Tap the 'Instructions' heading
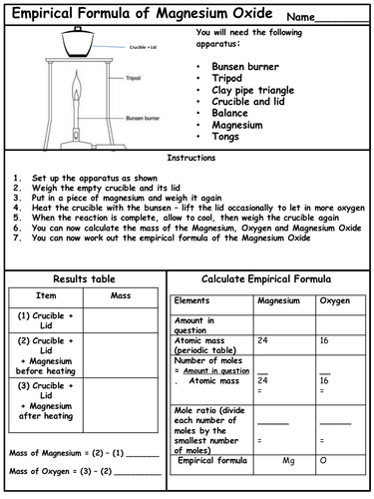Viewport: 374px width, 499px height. pos(187,158)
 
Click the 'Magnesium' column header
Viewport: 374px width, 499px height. pos(278,300)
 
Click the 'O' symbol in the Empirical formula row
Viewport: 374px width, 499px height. pos(322,462)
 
